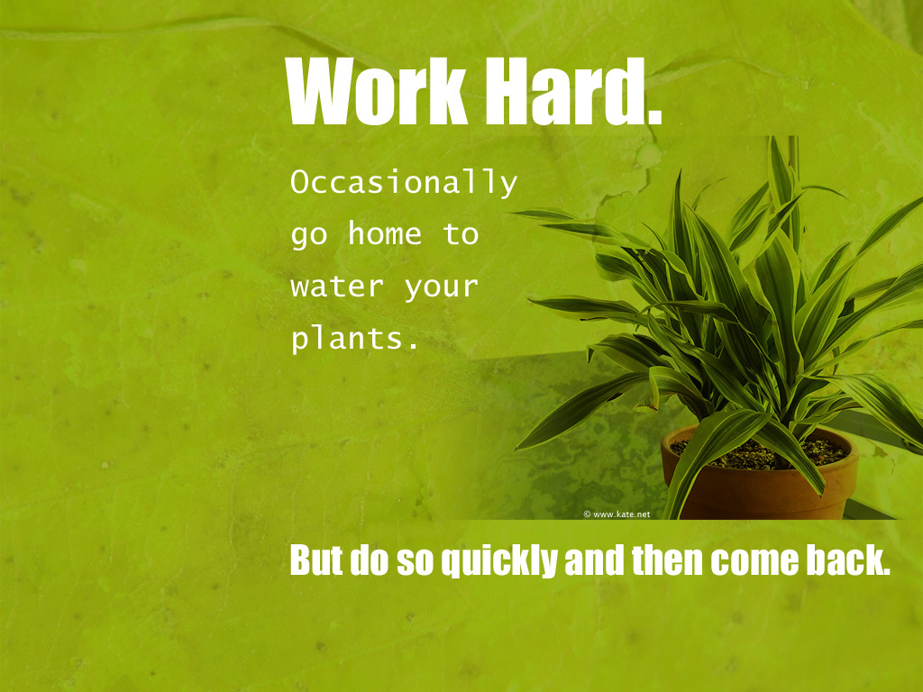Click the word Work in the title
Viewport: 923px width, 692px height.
376,91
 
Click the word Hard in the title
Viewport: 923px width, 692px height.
568,91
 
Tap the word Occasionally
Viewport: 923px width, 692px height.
404,182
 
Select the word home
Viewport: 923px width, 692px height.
384,233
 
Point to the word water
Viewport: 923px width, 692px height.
337,287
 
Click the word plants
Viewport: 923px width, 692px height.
354,339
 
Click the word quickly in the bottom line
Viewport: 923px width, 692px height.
499,561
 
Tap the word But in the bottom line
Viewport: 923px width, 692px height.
316,560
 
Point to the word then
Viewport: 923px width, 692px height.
667,560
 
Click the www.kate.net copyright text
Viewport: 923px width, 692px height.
617,514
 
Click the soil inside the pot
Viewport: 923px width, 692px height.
759,453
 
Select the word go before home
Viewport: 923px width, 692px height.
308,236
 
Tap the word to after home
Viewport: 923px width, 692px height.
461,233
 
